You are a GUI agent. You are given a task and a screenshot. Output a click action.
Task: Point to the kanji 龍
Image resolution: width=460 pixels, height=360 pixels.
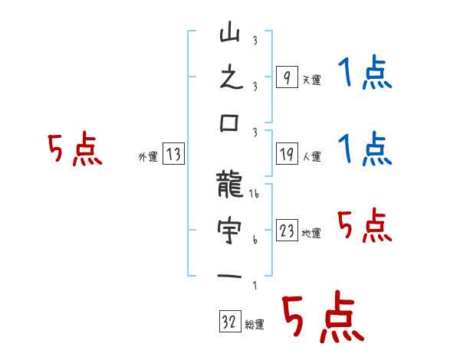click(x=230, y=184)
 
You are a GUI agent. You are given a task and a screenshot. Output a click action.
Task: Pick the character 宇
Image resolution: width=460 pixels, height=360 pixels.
click(x=230, y=230)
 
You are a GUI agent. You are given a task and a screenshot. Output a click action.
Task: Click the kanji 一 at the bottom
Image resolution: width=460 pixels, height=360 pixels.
click(x=230, y=275)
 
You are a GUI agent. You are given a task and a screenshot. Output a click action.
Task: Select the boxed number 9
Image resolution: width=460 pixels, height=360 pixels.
click(x=286, y=77)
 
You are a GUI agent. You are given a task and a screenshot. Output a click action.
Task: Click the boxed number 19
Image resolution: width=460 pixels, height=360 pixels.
click(x=286, y=155)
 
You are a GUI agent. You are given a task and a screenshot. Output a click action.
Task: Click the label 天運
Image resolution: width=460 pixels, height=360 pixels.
click(x=311, y=80)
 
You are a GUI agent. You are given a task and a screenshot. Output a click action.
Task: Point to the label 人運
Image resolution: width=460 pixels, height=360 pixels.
click(x=311, y=157)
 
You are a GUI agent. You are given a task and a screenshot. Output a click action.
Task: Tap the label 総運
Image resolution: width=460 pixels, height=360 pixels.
click(x=255, y=324)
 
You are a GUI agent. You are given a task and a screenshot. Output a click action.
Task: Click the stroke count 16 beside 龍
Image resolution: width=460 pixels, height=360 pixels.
click(x=254, y=195)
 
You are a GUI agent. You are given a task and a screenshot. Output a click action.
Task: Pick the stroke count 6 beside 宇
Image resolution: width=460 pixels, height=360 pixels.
click(x=254, y=239)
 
